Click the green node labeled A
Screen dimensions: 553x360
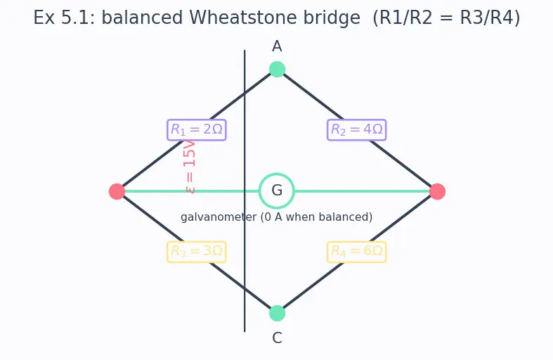point(277,69)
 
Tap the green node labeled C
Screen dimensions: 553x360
point(277,314)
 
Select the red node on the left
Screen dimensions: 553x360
point(117,191)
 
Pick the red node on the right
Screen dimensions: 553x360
point(437,191)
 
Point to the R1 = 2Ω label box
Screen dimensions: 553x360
point(197,130)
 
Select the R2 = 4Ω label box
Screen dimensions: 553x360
point(356,130)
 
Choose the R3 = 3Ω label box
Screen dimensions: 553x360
point(197,252)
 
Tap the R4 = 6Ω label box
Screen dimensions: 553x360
point(356,252)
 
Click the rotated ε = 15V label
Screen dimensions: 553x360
point(190,167)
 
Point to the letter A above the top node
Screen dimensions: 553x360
point(277,46)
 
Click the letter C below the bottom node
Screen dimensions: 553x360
point(277,338)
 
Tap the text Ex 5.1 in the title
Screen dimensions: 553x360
point(64,18)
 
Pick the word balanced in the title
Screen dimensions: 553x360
point(142,18)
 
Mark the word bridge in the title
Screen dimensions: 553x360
point(332,18)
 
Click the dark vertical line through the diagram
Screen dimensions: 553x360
point(245,191)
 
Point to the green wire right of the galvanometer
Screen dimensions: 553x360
point(362,191)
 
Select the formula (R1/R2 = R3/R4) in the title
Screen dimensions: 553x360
point(446,18)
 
